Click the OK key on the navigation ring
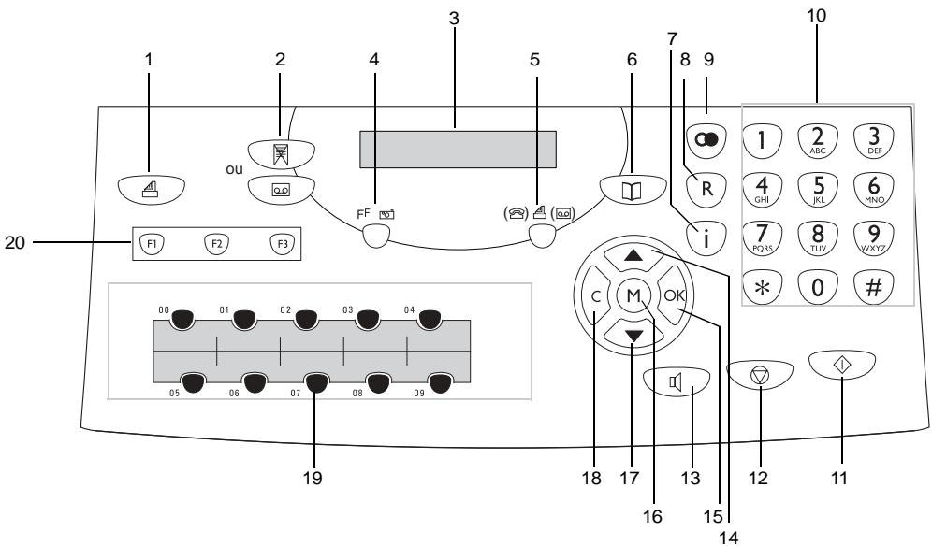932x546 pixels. point(674,295)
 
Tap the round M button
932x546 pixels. point(633,295)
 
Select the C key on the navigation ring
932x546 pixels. point(594,295)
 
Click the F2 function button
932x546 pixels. point(216,244)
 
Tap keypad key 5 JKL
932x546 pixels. point(819,189)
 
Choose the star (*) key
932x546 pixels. point(762,288)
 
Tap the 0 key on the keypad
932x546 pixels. point(818,288)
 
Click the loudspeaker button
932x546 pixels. point(677,381)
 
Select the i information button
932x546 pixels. point(706,238)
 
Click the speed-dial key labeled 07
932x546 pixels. point(315,384)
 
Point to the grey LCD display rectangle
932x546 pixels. point(458,150)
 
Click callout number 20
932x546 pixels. point(15,242)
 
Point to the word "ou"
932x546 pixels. point(234,169)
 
